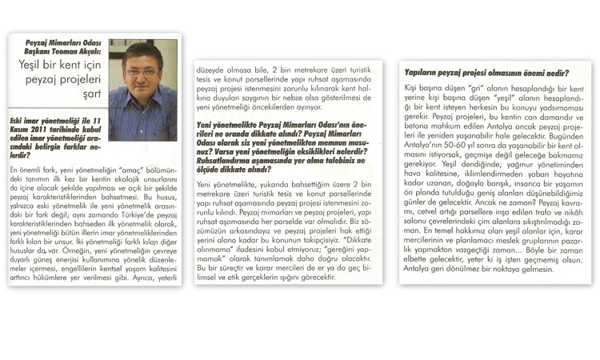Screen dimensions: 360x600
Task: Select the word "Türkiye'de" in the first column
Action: pyautogui.click(x=157, y=214)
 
